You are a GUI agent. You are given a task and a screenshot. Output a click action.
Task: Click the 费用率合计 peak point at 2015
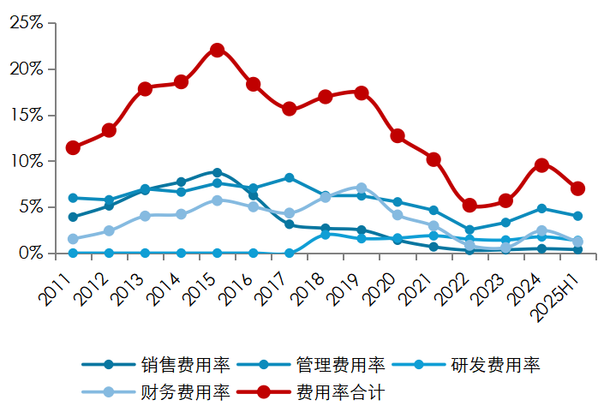click(218, 50)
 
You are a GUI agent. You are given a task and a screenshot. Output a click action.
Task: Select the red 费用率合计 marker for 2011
click(73, 147)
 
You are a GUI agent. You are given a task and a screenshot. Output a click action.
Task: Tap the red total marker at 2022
click(469, 206)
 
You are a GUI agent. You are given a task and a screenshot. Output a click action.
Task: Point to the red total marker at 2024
click(541, 165)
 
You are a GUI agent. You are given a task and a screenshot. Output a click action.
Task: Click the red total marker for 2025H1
click(577, 188)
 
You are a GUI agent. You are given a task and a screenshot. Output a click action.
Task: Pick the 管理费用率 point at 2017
click(290, 177)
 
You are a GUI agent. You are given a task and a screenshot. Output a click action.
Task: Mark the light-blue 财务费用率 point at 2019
click(362, 188)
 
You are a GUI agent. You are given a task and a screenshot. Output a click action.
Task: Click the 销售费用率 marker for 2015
click(218, 172)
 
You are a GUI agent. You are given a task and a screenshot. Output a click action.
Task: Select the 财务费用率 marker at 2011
click(73, 239)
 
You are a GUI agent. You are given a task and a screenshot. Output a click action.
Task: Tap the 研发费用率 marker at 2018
click(326, 234)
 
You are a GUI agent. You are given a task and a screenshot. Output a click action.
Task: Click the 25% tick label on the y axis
click(26, 23)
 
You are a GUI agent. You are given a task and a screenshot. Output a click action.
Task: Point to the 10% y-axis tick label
click(26, 161)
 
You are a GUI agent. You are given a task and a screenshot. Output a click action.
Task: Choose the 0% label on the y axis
click(30, 254)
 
